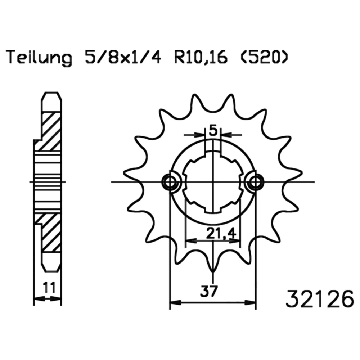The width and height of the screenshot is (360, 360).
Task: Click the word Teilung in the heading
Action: [x=39, y=57]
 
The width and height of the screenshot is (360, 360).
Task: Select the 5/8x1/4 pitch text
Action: [x=123, y=57]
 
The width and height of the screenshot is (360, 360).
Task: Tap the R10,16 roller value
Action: [x=201, y=57]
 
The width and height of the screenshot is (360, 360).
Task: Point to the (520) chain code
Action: [x=264, y=57]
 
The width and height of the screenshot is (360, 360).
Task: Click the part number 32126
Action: [x=320, y=298]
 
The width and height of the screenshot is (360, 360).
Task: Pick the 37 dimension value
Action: [x=208, y=291]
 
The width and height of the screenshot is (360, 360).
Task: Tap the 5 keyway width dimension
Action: [x=213, y=131]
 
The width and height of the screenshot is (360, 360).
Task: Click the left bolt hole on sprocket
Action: [x=170, y=182]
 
